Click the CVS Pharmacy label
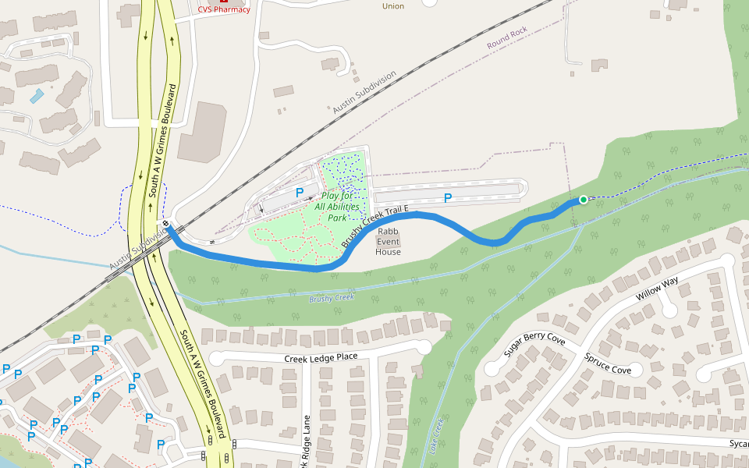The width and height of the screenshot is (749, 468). [x=224, y=9]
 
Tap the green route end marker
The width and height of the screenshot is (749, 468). [x=583, y=200]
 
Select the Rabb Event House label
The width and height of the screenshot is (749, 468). [x=388, y=241]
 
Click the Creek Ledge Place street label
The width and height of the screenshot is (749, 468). [x=321, y=357]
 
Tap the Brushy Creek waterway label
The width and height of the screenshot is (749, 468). [x=332, y=298]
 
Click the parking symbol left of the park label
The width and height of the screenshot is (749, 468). [x=299, y=192]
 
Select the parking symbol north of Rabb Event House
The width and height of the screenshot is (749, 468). [x=448, y=198]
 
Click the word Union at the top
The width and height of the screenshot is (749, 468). [x=393, y=6]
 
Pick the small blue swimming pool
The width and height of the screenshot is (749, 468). [x=37, y=96]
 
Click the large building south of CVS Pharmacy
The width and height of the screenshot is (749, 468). [x=201, y=131]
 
